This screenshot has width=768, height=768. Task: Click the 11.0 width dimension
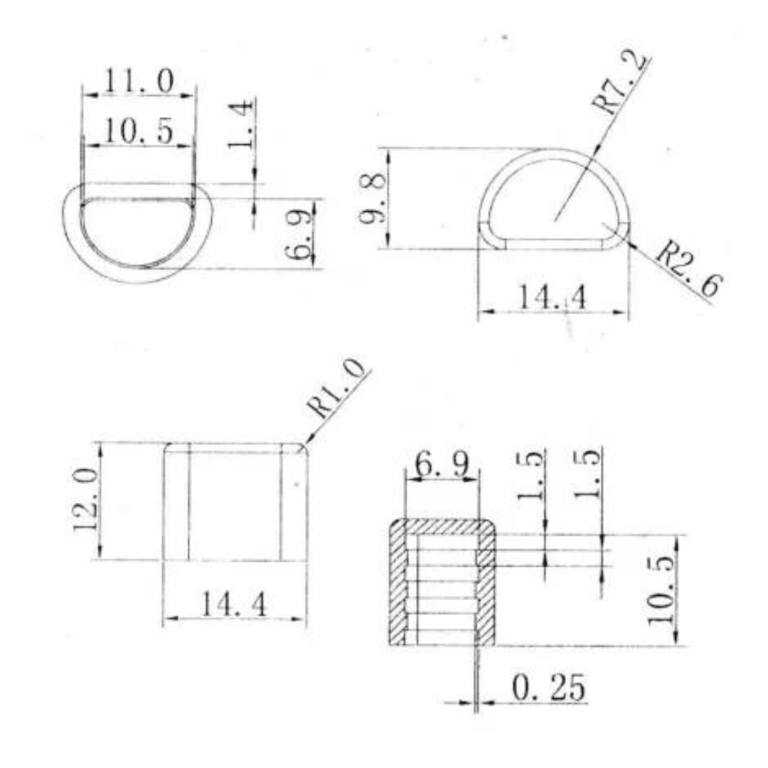coord(139,81)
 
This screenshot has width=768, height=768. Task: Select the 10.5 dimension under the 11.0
coord(139,132)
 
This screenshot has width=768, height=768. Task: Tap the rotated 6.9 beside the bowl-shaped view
coord(298,234)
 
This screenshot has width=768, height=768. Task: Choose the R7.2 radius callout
coord(620,83)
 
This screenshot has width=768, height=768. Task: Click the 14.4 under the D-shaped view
coord(552,297)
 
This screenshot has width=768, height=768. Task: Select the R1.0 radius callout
coord(336,388)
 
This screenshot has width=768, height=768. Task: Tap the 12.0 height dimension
coord(85,500)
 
